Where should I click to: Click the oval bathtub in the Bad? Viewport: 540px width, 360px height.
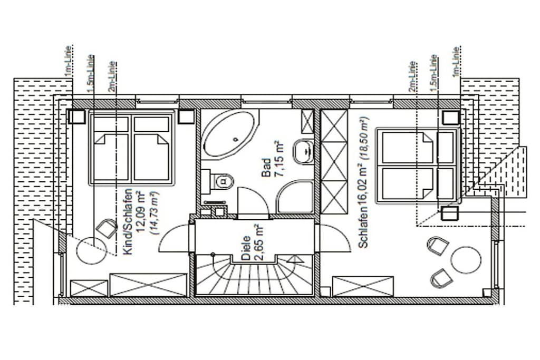point(229,134)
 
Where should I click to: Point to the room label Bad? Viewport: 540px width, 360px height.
point(266,168)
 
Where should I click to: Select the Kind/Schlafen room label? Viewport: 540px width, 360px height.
point(128,222)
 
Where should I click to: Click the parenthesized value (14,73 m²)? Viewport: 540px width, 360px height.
point(154,213)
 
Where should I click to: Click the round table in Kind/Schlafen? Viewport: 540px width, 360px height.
point(91,250)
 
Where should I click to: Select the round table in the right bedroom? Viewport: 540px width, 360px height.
point(466,260)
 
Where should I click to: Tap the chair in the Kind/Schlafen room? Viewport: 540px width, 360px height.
point(107,228)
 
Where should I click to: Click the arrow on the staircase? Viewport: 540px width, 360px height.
point(293,259)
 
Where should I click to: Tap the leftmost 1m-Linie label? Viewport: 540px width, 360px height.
point(68,62)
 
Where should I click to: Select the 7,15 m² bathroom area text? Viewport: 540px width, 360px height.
point(279,159)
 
